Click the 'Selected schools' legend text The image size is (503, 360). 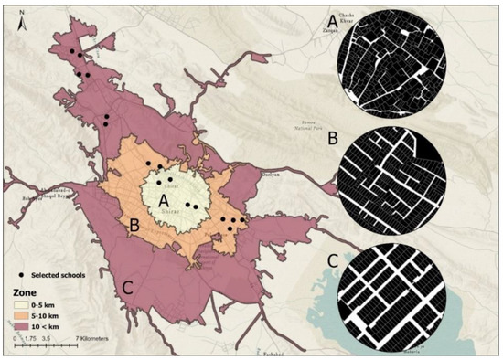point(59,275)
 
